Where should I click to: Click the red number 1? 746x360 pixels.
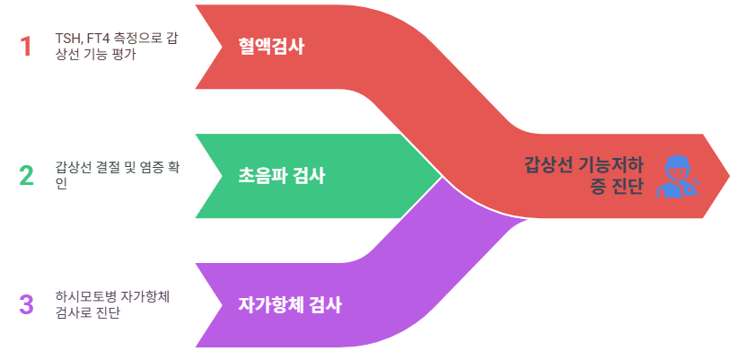(x=26, y=46)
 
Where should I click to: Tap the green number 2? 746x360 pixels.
(x=26, y=175)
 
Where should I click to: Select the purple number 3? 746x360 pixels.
(x=26, y=304)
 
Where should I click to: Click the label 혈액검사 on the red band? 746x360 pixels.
(x=271, y=47)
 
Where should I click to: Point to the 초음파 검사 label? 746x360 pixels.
(x=282, y=176)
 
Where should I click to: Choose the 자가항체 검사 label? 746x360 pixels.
(x=290, y=304)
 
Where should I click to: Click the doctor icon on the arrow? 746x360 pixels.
(x=678, y=175)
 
